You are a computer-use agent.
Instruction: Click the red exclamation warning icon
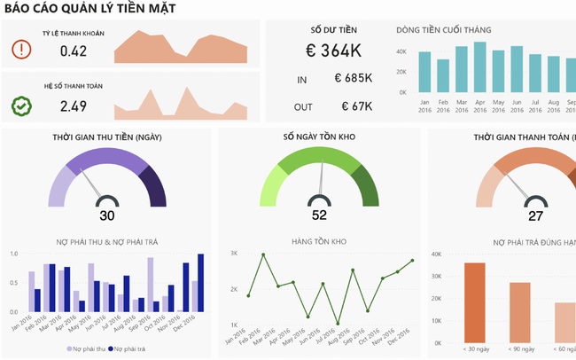point(21,50)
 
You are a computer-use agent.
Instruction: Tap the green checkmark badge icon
point(21,106)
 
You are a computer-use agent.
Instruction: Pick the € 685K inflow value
point(354,79)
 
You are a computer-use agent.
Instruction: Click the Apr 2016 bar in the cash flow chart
point(480,67)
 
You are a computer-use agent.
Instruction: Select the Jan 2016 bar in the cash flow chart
point(424,72)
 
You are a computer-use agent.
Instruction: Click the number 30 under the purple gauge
point(107,215)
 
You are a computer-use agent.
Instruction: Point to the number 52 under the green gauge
point(319,215)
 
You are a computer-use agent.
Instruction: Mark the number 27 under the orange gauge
point(535,215)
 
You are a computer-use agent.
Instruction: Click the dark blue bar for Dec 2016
point(200,283)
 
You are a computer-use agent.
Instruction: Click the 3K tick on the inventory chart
point(234,254)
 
